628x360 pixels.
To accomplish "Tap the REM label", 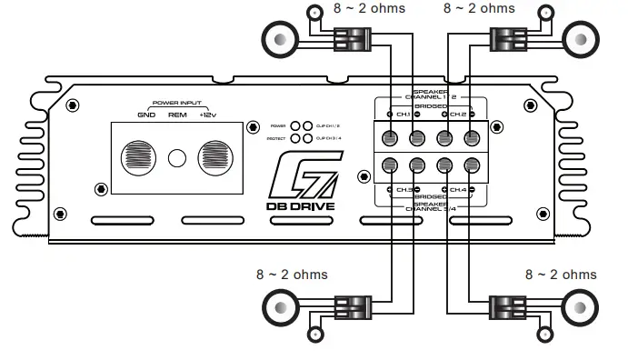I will point(177,115).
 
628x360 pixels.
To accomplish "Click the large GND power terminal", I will point(140,156).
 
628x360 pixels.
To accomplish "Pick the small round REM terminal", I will point(178,157).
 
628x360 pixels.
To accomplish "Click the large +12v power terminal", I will point(215,156).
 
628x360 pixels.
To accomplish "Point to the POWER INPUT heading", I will point(177,103).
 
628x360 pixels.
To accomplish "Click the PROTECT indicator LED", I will point(296,138).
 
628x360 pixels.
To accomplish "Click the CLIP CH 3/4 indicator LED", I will point(308,138).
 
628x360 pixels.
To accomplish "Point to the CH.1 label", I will point(400,115).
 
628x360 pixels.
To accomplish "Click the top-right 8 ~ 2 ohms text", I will point(478,8).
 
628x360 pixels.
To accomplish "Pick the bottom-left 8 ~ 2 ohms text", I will point(292,274).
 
